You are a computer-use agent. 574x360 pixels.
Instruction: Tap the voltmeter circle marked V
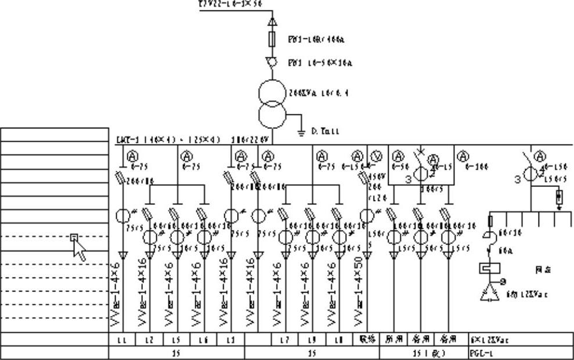click(376, 156)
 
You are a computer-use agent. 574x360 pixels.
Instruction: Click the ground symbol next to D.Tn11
click(301, 133)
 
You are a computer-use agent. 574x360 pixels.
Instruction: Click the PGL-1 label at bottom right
click(480, 352)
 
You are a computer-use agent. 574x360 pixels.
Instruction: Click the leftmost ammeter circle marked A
click(132, 156)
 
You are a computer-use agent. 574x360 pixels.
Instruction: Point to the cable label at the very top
click(230, 3)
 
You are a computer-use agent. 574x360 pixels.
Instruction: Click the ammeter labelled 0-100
click(462, 156)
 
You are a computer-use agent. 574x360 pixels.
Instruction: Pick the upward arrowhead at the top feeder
click(272, 22)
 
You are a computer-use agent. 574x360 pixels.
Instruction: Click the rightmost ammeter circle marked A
click(540, 156)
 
